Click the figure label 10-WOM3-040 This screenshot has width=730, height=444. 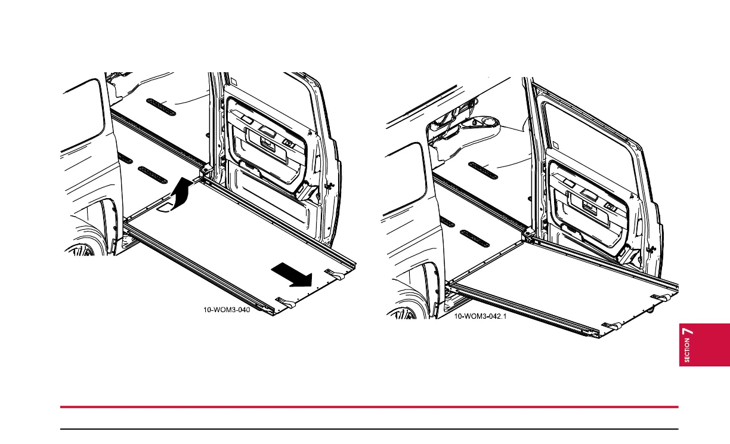tap(224, 310)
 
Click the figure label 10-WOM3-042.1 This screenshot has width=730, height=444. tap(480, 316)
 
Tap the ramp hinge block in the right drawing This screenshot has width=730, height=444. tap(528, 235)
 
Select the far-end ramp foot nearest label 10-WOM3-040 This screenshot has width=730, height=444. tap(285, 303)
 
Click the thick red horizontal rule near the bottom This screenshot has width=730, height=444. tap(370, 407)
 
